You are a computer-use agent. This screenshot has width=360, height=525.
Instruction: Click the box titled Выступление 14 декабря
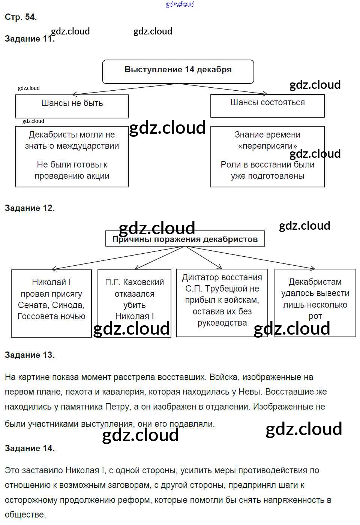pyautogui.click(x=178, y=71)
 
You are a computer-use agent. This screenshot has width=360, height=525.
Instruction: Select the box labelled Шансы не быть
pyautogui.click(x=72, y=106)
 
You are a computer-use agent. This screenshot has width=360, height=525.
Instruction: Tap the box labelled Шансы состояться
pyautogui.click(x=267, y=105)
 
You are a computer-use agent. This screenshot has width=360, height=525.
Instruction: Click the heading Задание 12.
pyautogui.click(x=30, y=208)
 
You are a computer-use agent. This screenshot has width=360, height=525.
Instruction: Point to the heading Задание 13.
pyautogui.click(x=30, y=355)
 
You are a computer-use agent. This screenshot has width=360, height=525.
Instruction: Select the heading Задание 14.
pyautogui.click(x=30, y=448)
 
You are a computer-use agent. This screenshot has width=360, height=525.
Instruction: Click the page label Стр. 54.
pyautogui.click(x=21, y=17)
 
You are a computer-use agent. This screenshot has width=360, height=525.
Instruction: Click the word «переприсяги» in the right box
pyautogui.click(x=267, y=146)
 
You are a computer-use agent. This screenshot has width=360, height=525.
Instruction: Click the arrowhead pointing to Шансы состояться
pyautogui.click(x=265, y=93)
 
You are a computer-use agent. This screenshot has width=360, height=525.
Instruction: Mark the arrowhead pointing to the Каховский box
pyautogui.click(x=136, y=268)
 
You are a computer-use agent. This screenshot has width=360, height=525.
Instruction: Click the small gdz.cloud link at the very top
pyautogui.click(x=180, y=4)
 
